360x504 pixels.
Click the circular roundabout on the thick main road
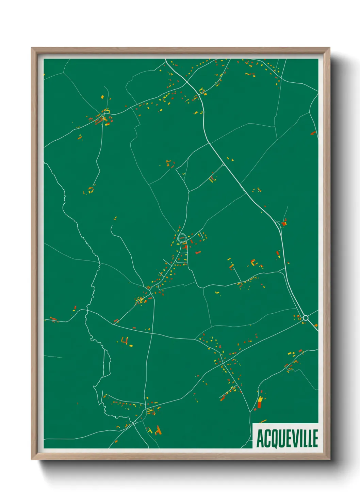pos(305,318)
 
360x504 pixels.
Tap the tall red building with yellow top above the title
pos(260,402)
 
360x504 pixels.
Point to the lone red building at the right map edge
pos(313,133)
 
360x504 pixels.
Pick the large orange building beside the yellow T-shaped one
pos(158,430)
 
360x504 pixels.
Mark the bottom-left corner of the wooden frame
pos(32,459)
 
